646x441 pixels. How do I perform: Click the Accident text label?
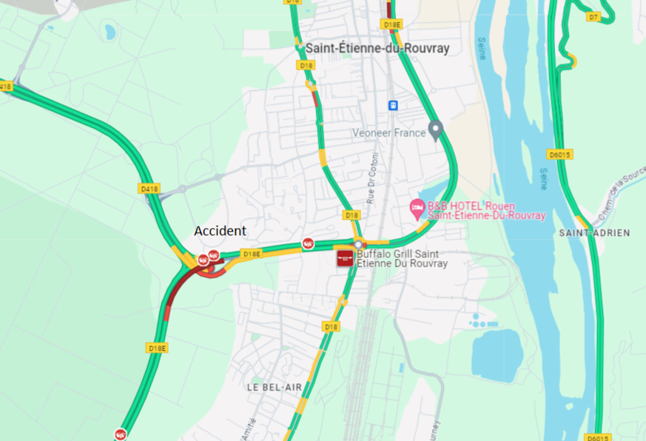coord(220,231)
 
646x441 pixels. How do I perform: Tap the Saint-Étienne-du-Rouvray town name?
coord(377,48)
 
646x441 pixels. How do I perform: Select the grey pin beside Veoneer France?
coord(436,130)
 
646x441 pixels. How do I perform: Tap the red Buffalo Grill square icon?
coord(345,258)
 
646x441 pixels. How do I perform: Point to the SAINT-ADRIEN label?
coord(594,232)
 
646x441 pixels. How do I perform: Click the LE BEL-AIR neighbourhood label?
coord(274,387)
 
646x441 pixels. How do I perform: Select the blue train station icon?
coord(392,105)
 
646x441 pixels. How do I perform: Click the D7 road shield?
coord(593,16)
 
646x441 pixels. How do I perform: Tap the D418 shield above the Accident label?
coord(149,189)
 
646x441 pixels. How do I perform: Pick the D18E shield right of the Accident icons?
coord(252,254)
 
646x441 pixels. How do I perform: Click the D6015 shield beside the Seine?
coord(559,155)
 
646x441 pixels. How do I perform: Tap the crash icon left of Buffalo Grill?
coord(308,243)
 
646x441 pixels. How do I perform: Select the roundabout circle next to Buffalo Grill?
coord(358,245)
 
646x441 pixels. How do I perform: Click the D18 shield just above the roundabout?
coord(352,215)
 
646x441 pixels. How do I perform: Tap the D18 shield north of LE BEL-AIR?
coord(331,326)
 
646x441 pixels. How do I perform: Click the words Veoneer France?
coord(388,133)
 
